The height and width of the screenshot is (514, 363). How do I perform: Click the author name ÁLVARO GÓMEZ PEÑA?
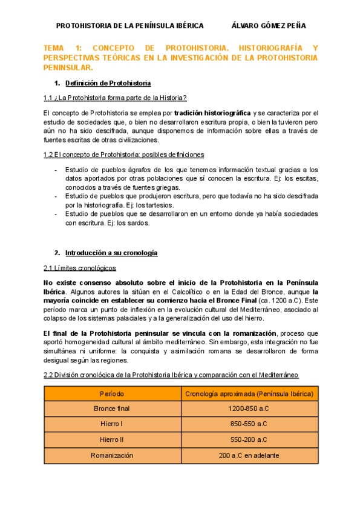click(269, 25)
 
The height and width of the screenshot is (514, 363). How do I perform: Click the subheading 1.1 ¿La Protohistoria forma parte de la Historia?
click(115, 98)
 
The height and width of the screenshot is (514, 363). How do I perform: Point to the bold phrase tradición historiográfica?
click(212, 113)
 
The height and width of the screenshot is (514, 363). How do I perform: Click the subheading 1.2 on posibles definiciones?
click(124, 155)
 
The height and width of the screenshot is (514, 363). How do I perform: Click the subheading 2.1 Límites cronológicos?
click(80, 268)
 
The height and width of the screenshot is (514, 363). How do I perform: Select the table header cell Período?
click(113, 393)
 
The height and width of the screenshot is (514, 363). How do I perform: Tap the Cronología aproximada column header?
click(249, 393)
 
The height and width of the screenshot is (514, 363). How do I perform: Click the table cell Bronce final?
click(113, 409)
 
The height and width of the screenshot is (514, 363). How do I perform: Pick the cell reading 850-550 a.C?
click(249, 424)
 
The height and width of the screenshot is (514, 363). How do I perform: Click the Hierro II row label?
click(113, 439)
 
